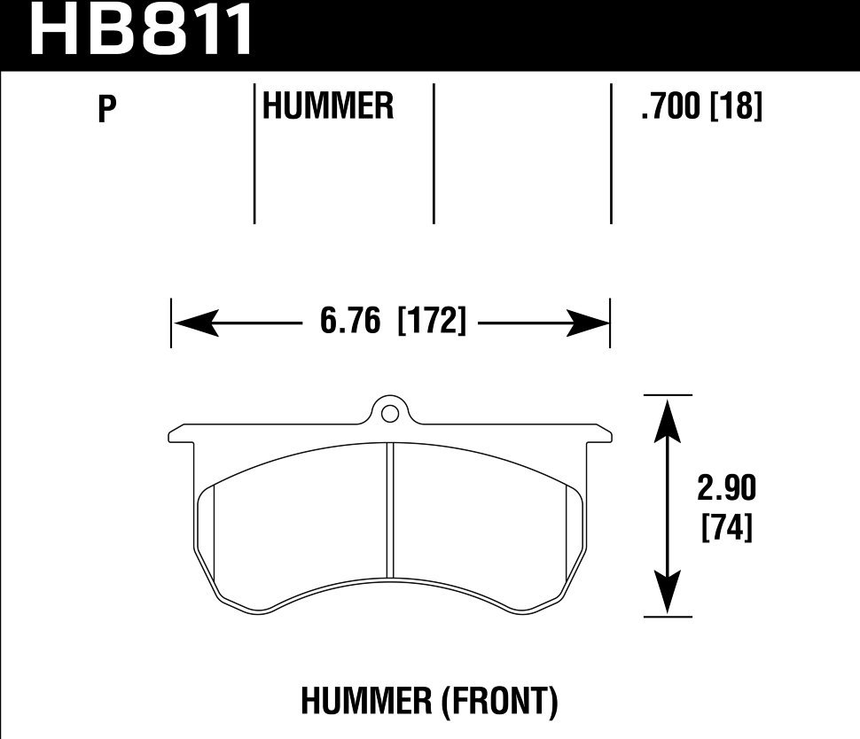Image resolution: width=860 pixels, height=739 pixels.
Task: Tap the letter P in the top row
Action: pos(107,110)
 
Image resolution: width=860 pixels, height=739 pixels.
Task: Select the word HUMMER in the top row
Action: pos(328,107)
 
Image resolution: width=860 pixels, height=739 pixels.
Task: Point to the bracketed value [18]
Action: pos(737,107)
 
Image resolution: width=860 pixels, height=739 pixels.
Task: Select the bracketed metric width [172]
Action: pos(433,322)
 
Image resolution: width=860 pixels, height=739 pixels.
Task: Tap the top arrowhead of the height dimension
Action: pos(668,416)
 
